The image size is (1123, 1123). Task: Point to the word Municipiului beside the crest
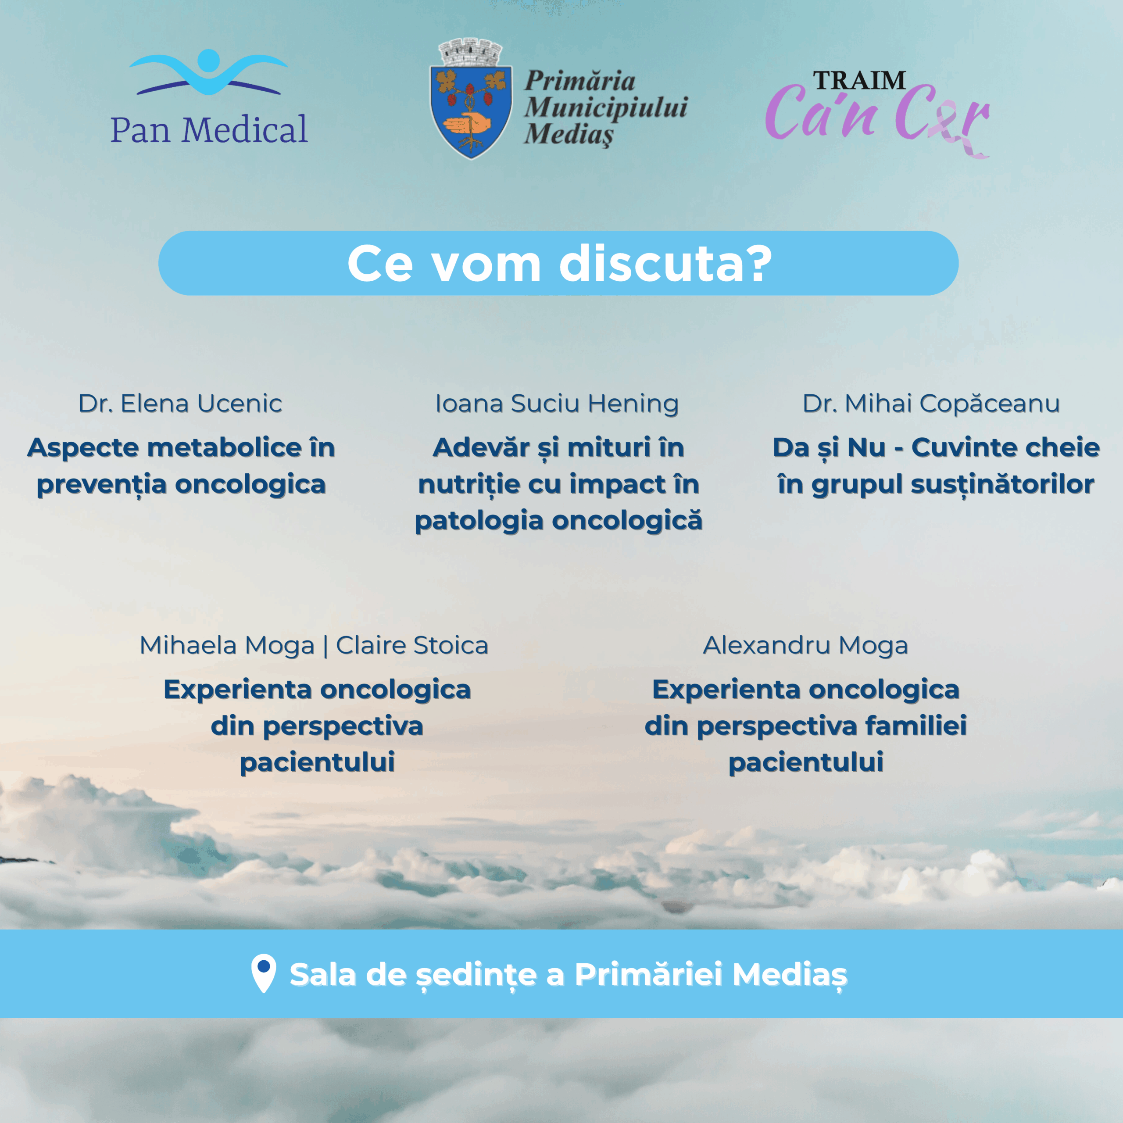click(606, 107)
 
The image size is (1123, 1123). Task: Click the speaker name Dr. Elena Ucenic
click(180, 404)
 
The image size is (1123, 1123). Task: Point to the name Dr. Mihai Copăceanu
click(931, 404)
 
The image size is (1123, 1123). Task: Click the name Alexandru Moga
click(806, 646)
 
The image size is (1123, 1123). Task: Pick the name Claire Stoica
click(412, 645)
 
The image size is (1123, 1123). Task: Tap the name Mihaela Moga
click(227, 646)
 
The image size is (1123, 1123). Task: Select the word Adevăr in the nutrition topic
click(481, 447)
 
